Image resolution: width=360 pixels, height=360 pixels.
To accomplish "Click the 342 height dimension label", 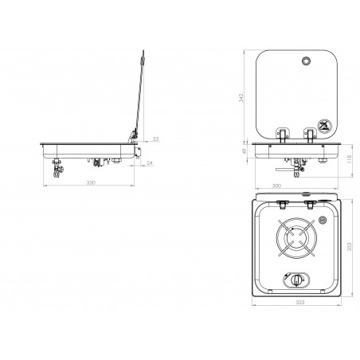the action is pyautogui.click(x=241, y=98).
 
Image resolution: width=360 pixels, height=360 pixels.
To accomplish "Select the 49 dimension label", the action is pyautogui.click(x=245, y=151).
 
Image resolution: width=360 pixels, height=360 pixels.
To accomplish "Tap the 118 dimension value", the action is pyautogui.click(x=349, y=159).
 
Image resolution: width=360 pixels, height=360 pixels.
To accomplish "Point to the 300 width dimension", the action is pyautogui.click(x=276, y=186).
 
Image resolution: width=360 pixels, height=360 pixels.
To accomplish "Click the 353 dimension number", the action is pyautogui.click(x=349, y=247).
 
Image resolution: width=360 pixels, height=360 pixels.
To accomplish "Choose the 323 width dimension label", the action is pyautogui.click(x=300, y=302).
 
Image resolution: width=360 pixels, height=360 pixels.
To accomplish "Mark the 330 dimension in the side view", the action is pyautogui.click(x=91, y=182).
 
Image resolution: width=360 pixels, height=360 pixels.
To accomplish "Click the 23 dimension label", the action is pyautogui.click(x=156, y=139).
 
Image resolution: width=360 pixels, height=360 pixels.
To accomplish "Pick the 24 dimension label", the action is pyautogui.click(x=150, y=163).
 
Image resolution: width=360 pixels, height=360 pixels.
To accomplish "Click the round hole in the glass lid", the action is pyautogui.click(x=306, y=61).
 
